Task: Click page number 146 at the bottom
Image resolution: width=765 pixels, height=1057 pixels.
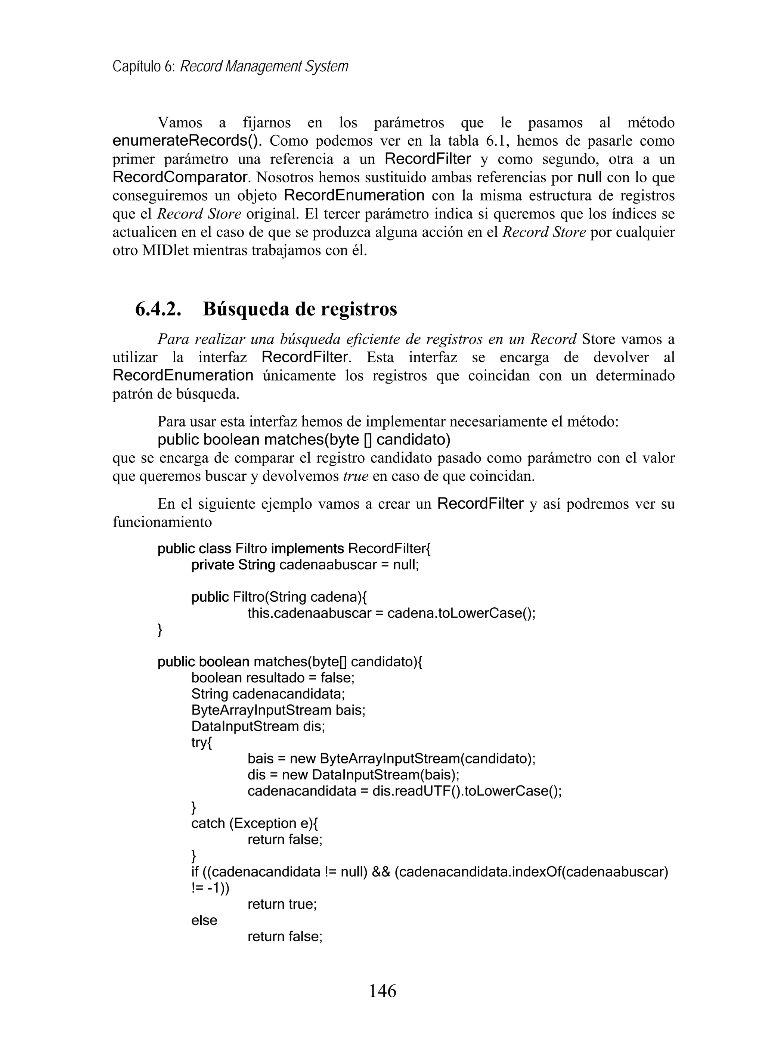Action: coord(382,991)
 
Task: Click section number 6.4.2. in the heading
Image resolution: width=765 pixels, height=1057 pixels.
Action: coord(158,309)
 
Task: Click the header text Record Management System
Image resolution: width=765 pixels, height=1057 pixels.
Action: coord(264,66)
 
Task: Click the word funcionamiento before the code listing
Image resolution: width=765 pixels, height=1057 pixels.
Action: coord(162,522)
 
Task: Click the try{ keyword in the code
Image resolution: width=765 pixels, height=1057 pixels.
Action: coord(201,743)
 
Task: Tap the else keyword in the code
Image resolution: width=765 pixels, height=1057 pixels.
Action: coord(204,920)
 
